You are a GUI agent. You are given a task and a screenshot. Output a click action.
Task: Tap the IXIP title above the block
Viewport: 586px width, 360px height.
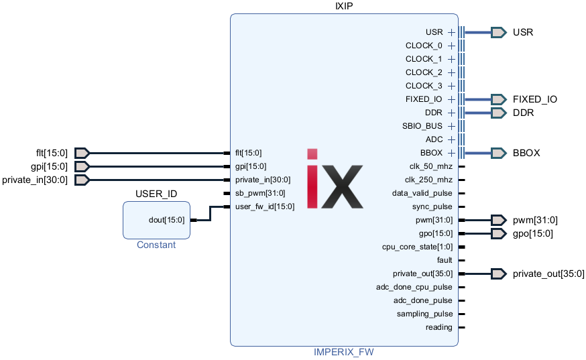coord(344,6)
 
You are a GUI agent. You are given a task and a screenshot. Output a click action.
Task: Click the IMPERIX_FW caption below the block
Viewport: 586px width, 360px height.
coord(343,352)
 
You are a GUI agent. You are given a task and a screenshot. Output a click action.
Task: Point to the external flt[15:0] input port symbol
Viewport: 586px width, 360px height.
coord(81,153)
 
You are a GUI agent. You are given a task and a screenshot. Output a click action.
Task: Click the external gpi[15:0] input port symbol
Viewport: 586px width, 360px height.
coord(81,166)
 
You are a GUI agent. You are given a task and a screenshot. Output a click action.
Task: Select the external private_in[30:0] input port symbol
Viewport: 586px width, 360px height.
coord(81,180)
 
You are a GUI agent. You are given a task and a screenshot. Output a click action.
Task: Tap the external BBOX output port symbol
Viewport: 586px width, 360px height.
coord(498,153)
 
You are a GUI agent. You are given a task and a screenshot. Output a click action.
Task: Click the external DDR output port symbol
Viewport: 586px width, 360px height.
coord(498,113)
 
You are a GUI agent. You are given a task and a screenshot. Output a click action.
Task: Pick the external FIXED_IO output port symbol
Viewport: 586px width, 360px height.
coord(498,99)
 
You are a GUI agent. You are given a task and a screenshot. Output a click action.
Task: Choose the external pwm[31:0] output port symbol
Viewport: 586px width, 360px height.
coord(498,220)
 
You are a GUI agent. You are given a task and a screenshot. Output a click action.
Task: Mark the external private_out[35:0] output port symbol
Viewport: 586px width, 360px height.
coord(498,274)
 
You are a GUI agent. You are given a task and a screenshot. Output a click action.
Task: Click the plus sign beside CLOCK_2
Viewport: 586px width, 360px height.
coord(452,72)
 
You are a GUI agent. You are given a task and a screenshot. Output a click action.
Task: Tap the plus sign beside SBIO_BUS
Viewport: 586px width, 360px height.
coord(452,126)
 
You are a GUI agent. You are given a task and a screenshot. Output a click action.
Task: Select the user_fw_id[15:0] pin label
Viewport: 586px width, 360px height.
coord(265,206)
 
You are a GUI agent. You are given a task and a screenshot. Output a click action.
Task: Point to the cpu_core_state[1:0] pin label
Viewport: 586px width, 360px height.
coord(417,247)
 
